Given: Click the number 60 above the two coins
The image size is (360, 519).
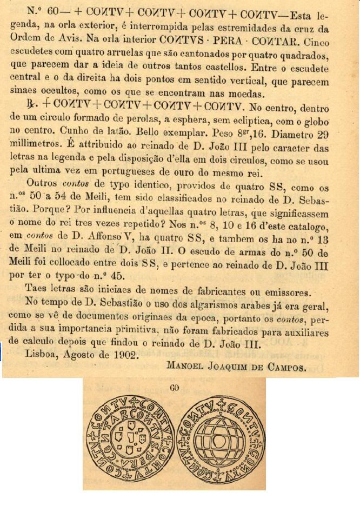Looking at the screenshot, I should click(174, 387).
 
